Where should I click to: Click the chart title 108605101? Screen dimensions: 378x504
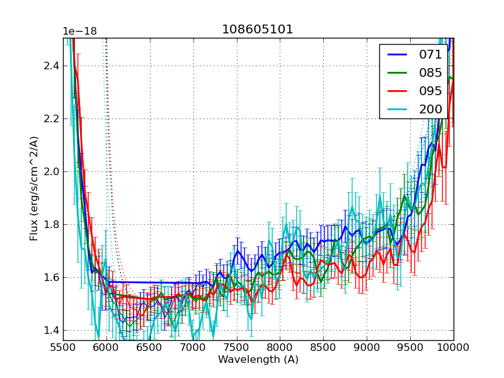[x=258, y=30]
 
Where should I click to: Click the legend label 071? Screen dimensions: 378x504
[x=430, y=54]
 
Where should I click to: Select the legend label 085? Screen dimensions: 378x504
[x=430, y=72]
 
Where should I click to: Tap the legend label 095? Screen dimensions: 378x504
[x=430, y=91]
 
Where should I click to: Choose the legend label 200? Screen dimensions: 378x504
[x=430, y=109]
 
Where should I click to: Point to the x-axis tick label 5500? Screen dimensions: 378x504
[x=63, y=347]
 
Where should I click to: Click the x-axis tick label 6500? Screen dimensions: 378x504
[x=150, y=347]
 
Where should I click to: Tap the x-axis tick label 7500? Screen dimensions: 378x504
[x=237, y=347]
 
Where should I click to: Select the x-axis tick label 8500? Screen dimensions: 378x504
[x=324, y=347]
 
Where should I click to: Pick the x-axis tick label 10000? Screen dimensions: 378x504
[x=454, y=347]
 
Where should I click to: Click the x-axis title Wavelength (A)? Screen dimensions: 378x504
[x=258, y=360]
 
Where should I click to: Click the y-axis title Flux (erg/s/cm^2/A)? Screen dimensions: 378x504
[x=34, y=188]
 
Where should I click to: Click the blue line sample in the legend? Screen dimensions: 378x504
[x=397, y=54]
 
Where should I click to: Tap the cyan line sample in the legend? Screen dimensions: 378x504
[x=397, y=109]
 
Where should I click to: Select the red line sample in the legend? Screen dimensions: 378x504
[x=397, y=91]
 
